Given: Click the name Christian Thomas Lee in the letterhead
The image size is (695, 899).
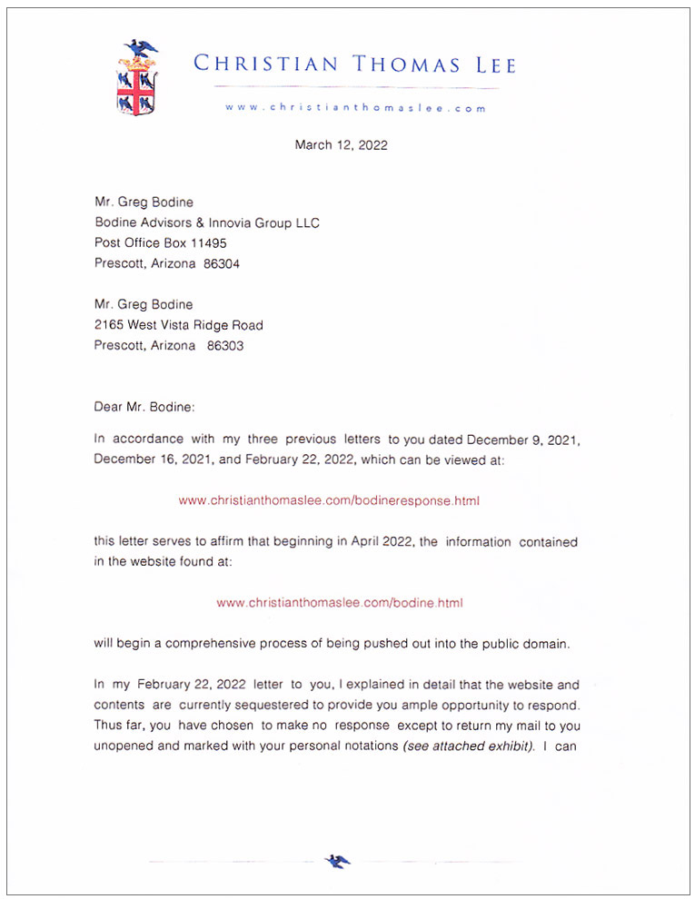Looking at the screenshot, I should [354, 64].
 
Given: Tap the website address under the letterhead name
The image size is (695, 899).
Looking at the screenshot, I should [356, 107].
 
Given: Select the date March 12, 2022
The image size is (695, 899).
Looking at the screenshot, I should [341, 144].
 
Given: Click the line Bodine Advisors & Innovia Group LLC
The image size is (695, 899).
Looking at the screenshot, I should [207, 222].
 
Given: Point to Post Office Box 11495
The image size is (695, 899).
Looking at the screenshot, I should [161, 243].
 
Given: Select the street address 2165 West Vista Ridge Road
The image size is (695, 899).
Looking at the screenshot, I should [179, 325].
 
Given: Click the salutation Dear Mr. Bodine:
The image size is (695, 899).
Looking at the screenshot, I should [144, 407].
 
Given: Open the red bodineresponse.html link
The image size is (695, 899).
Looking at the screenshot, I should [329, 500].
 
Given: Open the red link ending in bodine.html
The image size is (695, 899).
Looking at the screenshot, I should [341, 602].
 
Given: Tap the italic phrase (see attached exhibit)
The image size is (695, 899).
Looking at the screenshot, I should [469, 746].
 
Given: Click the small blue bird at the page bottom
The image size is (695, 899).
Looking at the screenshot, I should [338, 861].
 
